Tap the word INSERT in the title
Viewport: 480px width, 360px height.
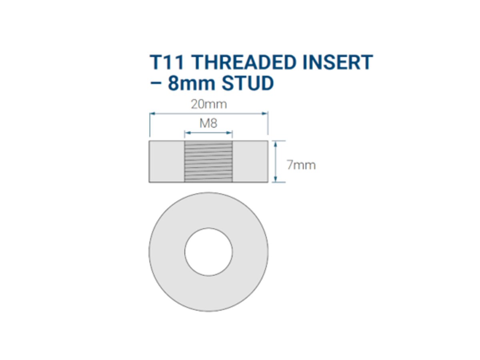(338, 62)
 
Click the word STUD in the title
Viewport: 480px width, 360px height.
(248, 83)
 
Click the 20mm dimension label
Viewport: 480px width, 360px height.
(209, 104)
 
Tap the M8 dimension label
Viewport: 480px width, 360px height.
(208, 123)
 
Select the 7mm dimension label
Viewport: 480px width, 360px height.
(301, 165)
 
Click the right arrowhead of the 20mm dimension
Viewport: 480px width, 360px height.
(265, 114)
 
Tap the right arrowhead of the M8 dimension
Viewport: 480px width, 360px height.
(229, 133)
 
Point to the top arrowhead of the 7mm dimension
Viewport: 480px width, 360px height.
(275, 144)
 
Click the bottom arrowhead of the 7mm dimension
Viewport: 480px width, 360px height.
(275, 179)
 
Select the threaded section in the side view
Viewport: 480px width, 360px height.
(208, 161)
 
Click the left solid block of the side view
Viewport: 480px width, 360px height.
(167, 161)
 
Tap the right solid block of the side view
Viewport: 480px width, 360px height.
(250, 161)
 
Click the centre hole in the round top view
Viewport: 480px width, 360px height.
(208, 252)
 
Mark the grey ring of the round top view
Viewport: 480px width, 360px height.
(167, 252)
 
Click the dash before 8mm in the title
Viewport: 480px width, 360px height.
(156, 84)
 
